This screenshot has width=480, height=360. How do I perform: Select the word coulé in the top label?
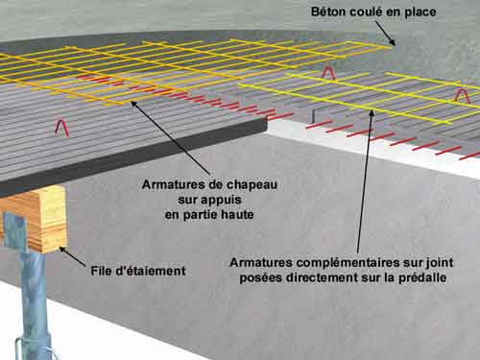(x=370, y=12)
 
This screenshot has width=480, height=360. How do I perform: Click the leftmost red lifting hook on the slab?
(x=61, y=125)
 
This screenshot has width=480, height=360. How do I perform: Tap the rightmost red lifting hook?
(x=462, y=95)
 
